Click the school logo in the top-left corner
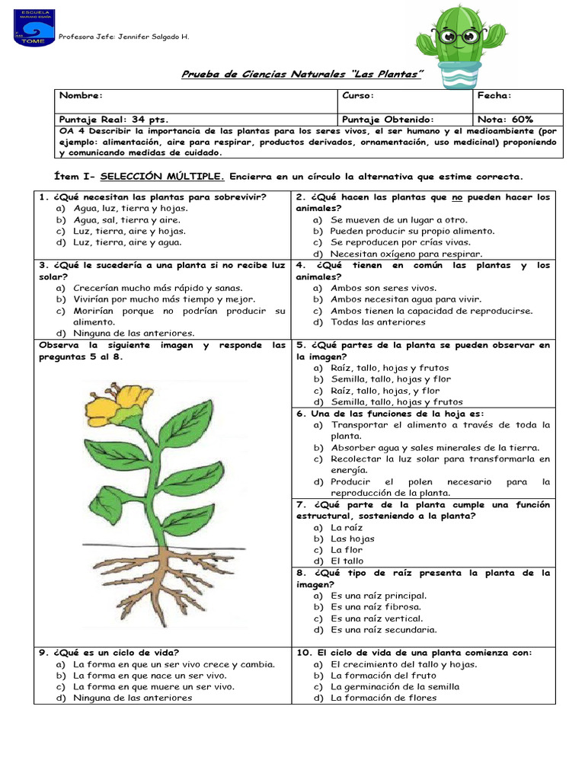(34, 27)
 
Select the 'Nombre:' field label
(81, 96)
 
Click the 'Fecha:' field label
(494, 96)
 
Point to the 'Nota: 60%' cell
(506, 120)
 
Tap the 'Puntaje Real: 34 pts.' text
(113, 120)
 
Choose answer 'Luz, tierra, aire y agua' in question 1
(127, 242)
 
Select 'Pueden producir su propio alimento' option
(412, 231)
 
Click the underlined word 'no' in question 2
(458, 197)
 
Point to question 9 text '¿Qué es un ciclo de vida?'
(109, 652)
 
